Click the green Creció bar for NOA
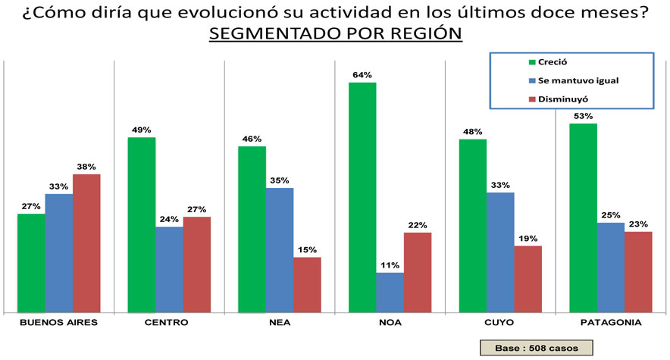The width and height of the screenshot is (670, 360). coord(362,197)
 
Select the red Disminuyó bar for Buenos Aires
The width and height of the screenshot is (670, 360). coord(86,243)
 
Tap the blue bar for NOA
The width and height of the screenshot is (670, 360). coord(390,292)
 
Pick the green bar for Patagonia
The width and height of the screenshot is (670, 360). coord(584,217)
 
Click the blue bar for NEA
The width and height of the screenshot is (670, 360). coord(280,249)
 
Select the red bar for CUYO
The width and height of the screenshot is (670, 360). coord(528,278)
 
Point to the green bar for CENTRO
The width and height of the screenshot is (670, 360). coord(142,224)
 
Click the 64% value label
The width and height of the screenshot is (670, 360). coord(362,75)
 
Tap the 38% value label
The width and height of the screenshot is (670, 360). coord(86,167)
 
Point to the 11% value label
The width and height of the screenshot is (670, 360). coord(390,265)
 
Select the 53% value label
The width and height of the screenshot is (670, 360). coord(583,116)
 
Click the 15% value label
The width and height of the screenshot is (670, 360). coord(308,249)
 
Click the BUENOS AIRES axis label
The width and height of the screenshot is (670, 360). coord(58,323)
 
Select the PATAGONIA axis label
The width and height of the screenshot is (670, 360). coord(610,323)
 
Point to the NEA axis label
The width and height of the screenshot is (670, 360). coord(280,323)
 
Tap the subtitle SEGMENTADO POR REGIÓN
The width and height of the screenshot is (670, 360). coord(335,35)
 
